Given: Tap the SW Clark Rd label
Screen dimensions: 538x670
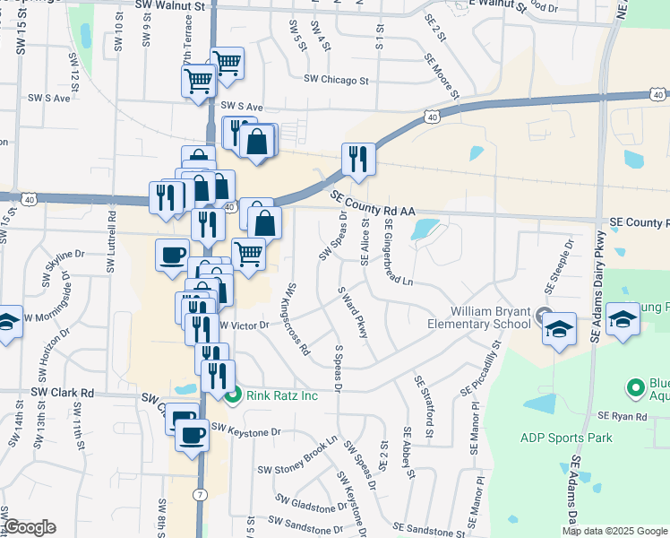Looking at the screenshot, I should [63, 393].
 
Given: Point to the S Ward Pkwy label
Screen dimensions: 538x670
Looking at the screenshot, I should [353, 312].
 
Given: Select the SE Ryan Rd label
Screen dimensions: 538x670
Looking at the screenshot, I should [623, 416].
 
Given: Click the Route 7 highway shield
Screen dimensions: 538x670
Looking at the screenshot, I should [199, 494].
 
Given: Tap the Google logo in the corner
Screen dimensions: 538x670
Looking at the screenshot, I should [29, 526].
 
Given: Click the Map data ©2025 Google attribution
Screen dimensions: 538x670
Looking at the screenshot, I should [614, 531].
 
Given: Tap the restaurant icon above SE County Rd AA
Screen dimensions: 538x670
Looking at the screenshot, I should [357, 159].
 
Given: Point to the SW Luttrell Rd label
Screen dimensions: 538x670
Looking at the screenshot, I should [112, 242].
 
